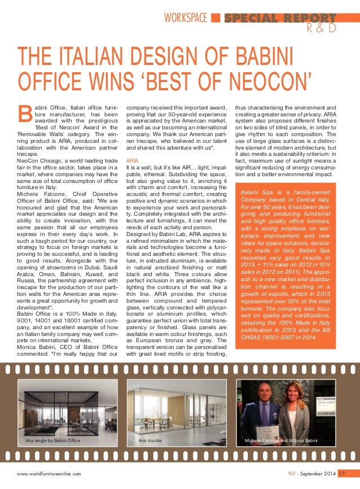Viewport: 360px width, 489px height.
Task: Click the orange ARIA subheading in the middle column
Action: (131, 160)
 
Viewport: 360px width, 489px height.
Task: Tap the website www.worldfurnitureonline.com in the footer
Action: (49, 474)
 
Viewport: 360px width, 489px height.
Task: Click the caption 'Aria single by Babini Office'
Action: (53, 440)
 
